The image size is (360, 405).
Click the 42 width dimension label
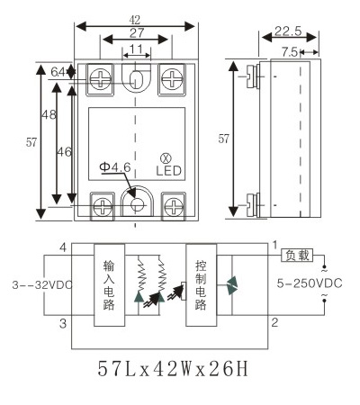coord(135,20)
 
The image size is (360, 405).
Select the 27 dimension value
coord(137,32)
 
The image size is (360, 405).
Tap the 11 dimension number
coord(137,49)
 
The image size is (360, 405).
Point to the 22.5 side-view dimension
coord(288,31)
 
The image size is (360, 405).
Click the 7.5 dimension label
coord(290,52)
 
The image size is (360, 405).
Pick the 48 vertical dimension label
coord(49,114)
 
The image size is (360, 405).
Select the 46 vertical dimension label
coord(64,152)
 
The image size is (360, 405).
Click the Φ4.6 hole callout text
coord(115,167)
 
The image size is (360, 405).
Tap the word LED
coord(169,171)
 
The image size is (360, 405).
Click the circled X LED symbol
coord(165,158)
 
